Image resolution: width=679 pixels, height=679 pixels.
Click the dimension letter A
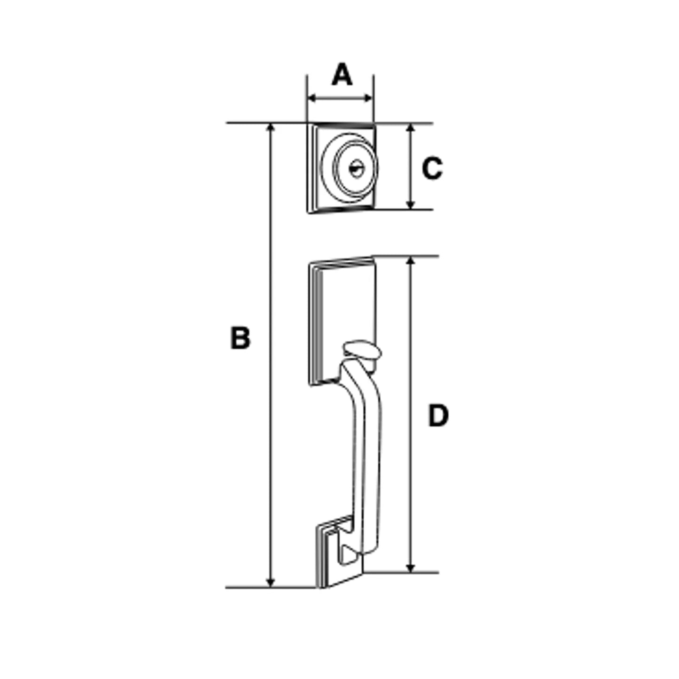click(x=342, y=74)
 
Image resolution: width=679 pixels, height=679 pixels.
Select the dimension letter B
click(x=240, y=338)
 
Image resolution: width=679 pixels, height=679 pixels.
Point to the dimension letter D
click(x=438, y=416)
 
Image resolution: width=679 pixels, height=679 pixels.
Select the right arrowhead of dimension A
click(x=368, y=98)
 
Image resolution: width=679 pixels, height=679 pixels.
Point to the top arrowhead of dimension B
click(x=270, y=127)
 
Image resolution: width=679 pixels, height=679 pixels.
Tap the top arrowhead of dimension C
click(x=410, y=128)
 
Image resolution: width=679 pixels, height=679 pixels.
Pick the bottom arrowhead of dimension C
click(x=410, y=205)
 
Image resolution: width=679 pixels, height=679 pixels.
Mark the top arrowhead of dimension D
click(x=410, y=261)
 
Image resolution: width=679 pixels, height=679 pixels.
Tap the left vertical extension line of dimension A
click(x=307, y=99)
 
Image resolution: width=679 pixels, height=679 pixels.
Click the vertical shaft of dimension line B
click(x=270, y=355)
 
